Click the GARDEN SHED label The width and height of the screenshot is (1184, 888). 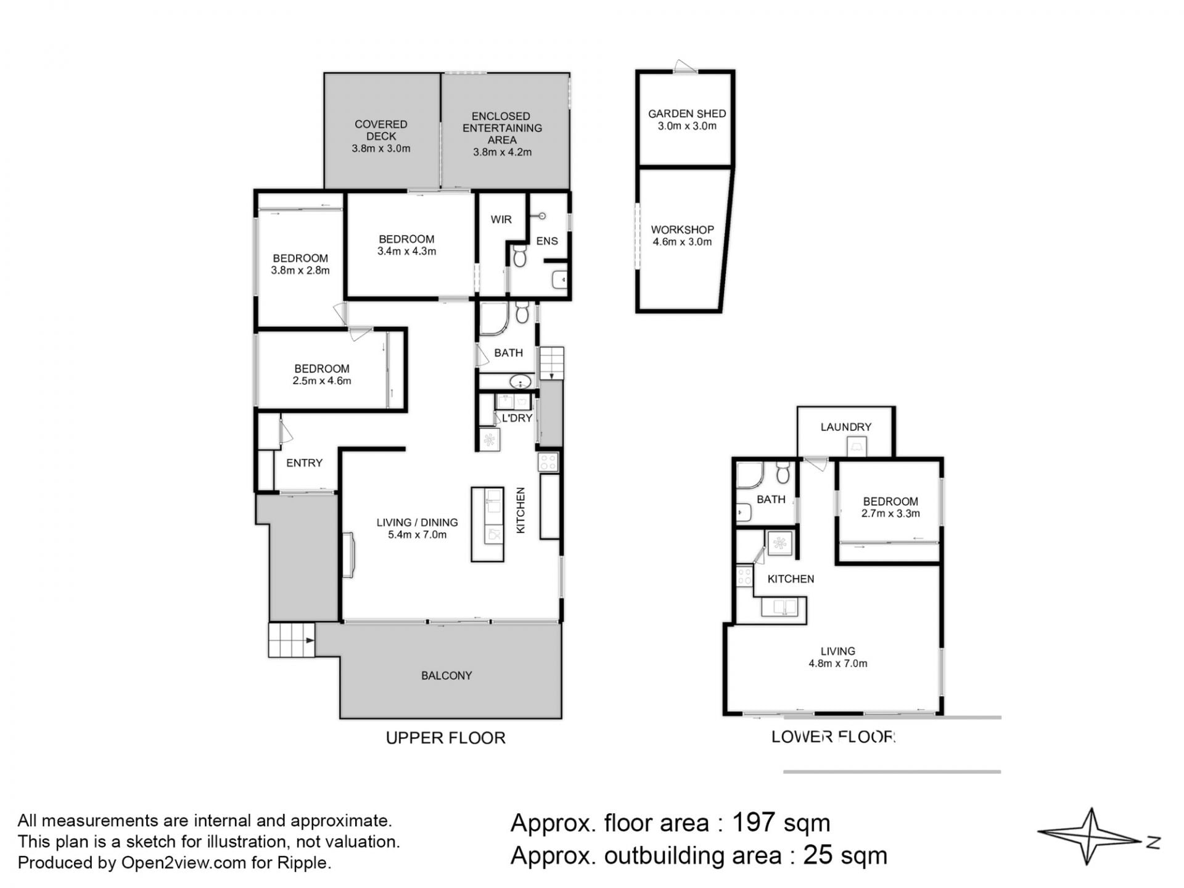(x=687, y=114)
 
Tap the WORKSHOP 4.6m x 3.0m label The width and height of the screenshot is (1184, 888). (x=682, y=236)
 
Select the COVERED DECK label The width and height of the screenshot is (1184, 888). (x=381, y=130)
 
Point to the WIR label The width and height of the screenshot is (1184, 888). (x=501, y=220)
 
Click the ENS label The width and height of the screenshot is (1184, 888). (x=547, y=241)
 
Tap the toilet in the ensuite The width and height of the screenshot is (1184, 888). (x=519, y=255)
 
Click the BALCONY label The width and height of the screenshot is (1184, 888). (x=446, y=676)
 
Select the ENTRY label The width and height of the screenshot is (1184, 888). (x=304, y=463)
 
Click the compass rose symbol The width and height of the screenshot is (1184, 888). (x=1090, y=836)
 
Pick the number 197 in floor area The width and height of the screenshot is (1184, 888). (x=753, y=823)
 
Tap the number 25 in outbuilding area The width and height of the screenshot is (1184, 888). (x=815, y=856)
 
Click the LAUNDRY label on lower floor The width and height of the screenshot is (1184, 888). (x=845, y=427)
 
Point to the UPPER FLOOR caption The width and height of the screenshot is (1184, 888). (x=445, y=738)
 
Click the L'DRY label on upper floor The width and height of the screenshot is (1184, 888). (x=517, y=418)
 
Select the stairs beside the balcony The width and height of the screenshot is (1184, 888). (x=292, y=640)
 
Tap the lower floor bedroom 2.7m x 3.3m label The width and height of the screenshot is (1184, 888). (x=890, y=508)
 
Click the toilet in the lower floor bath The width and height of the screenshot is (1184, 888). (x=783, y=472)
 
